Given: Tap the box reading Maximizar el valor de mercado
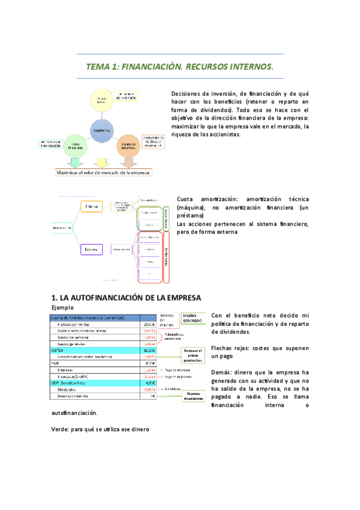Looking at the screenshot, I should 103,173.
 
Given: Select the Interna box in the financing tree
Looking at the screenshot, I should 94,206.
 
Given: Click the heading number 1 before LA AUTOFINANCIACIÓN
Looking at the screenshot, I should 54,298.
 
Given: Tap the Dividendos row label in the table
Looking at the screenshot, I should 69,389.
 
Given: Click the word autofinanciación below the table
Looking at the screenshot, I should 75,414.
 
